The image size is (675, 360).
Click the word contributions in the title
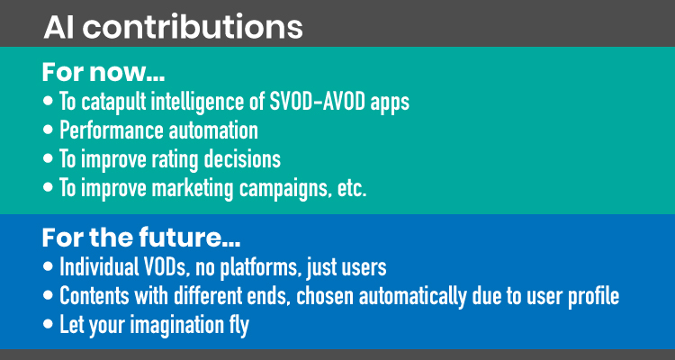click(x=193, y=27)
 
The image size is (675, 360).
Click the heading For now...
click(x=103, y=73)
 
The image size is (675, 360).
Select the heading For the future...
click(x=141, y=238)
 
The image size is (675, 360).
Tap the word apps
click(x=391, y=103)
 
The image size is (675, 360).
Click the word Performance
click(x=112, y=130)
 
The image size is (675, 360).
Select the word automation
click(x=213, y=130)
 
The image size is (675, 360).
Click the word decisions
click(x=242, y=159)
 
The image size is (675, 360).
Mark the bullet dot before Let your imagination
click(x=49, y=325)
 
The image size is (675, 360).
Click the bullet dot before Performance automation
click(x=49, y=130)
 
